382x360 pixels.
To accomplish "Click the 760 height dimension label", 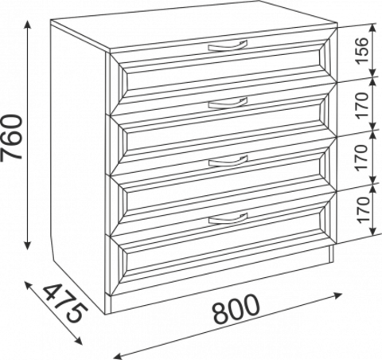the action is (x=11, y=137).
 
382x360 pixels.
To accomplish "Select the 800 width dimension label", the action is (x=236, y=310).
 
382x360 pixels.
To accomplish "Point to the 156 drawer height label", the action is (x=362, y=51).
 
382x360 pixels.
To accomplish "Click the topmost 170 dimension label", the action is (x=362, y=105).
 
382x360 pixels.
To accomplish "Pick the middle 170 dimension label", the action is (x=362, y=157).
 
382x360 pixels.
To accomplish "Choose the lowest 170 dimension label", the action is (x=362, y=209).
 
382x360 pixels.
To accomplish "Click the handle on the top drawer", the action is (x=228, y=47).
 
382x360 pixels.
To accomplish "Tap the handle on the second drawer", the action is (x=228, y=104).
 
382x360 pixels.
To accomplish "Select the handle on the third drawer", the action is (x=228, y=162).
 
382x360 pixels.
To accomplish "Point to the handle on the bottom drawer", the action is (x=228, y=219).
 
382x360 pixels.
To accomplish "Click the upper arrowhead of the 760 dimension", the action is (x=28, y=25).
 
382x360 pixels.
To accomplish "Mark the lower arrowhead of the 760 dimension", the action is (x=28, y=245).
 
